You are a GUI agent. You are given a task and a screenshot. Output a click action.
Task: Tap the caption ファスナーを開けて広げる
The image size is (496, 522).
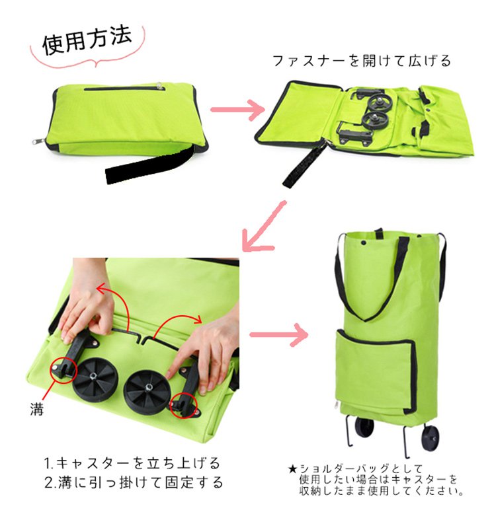point(362,61)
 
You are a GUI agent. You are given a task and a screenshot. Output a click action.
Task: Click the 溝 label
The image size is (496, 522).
point(37,409)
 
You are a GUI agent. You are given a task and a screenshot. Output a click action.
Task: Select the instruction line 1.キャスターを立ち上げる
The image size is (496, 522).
point(132,463)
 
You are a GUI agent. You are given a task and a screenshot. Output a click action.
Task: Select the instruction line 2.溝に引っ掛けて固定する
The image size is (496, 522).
point(134,482)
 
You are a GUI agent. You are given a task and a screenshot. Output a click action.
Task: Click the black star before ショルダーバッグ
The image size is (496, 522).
point(293,469)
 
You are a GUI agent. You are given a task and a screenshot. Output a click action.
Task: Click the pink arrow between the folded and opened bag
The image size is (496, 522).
point(237,110)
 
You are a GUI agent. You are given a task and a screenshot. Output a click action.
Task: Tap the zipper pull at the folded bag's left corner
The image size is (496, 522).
point(36,141)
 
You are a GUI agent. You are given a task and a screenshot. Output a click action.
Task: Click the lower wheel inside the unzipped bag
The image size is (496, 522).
point(374,121)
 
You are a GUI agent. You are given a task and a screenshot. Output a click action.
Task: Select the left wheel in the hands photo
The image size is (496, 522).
point(95,379)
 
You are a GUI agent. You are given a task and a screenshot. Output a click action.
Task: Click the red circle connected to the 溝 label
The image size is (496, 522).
point(63,370)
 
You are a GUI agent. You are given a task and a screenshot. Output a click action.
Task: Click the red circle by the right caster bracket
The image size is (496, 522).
point(184,405)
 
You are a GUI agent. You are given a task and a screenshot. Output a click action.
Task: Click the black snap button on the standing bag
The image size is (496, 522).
point(364,243)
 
